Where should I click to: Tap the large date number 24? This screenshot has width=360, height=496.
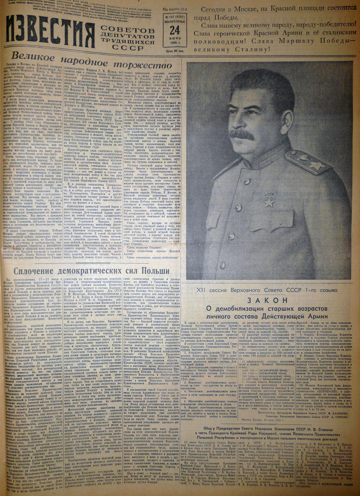pos(175,30)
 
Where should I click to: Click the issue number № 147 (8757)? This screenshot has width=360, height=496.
pos(174,16)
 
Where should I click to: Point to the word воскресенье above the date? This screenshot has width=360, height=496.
pos(174,21)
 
